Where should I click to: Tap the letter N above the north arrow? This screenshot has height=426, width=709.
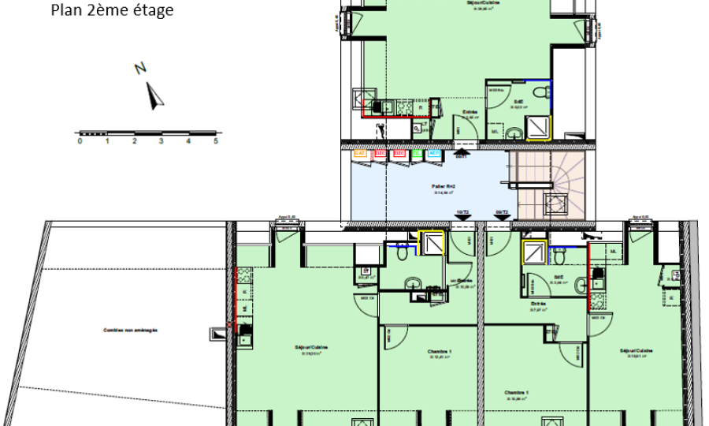pyautogui.click(x=139, y=69)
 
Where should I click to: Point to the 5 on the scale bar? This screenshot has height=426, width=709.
pyautogui.click(x=215, y=141)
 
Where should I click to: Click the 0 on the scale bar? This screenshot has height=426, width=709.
pyautogui.click(x=79, y=141)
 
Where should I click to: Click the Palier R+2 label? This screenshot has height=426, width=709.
pyautogui.click(x=445, y=187)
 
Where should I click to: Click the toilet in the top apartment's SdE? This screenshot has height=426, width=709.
pyautogui.click(x=539, y=94)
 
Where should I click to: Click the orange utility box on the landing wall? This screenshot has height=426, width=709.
pyautogui.click(x=360, y=154)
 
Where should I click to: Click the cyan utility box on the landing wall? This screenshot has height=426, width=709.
pyautogui.click(x=433, y=154)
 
